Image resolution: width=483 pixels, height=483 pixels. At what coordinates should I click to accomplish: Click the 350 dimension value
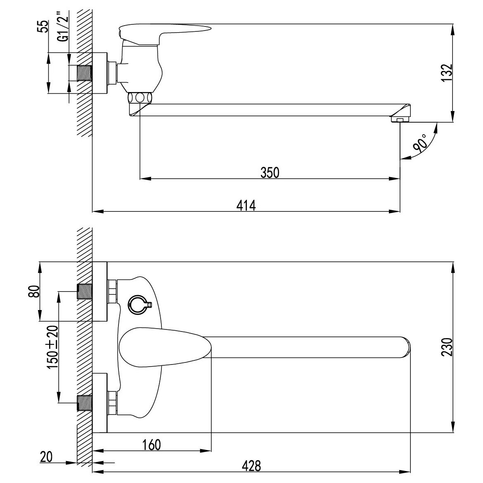pos(270,173)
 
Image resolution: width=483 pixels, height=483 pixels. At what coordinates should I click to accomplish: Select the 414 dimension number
pos(246,206)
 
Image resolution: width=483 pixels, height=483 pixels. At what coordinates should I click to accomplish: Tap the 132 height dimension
pos(447,73)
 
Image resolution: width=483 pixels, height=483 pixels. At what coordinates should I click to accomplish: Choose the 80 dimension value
pos(35,291)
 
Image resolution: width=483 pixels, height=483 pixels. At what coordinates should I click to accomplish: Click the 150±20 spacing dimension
pos(53,347)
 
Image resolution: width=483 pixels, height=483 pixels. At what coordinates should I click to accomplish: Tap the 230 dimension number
pos(447,347)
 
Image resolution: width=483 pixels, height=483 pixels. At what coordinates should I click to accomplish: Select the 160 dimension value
pos(152,445)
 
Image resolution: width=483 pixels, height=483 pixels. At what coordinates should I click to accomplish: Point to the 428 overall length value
pos(251,466)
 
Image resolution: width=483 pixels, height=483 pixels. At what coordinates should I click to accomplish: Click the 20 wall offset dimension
pos(46,457)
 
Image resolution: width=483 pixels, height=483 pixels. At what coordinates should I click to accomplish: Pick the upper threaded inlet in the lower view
pos(84,291)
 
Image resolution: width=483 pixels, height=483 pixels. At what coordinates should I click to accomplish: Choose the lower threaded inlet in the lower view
pos(84,403)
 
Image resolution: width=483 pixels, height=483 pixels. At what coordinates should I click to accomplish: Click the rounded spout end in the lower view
pos(405,347)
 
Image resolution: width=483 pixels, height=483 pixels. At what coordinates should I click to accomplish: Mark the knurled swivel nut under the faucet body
pos(140,98)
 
